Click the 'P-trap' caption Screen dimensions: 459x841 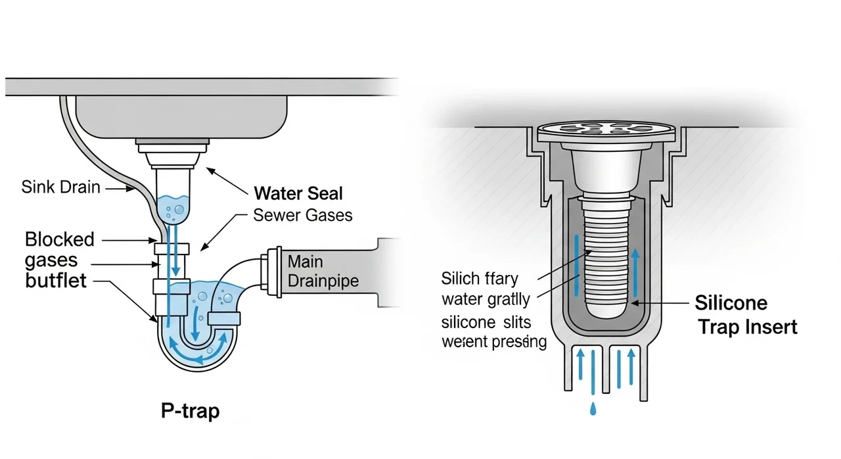(x=190, y=412)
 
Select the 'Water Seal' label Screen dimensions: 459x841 (x=298, y=193)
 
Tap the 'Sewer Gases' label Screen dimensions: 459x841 (x=302, y=215)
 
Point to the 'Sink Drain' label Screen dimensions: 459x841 (x=60, y=187)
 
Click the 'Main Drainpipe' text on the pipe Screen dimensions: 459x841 (x=323, y=272)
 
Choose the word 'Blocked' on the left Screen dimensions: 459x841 (x=60, y=239)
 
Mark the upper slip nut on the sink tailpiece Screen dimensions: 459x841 (x=172, y=249)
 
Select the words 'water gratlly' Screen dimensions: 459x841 (x=486, y=300)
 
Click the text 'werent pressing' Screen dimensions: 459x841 (x=494, y=342)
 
